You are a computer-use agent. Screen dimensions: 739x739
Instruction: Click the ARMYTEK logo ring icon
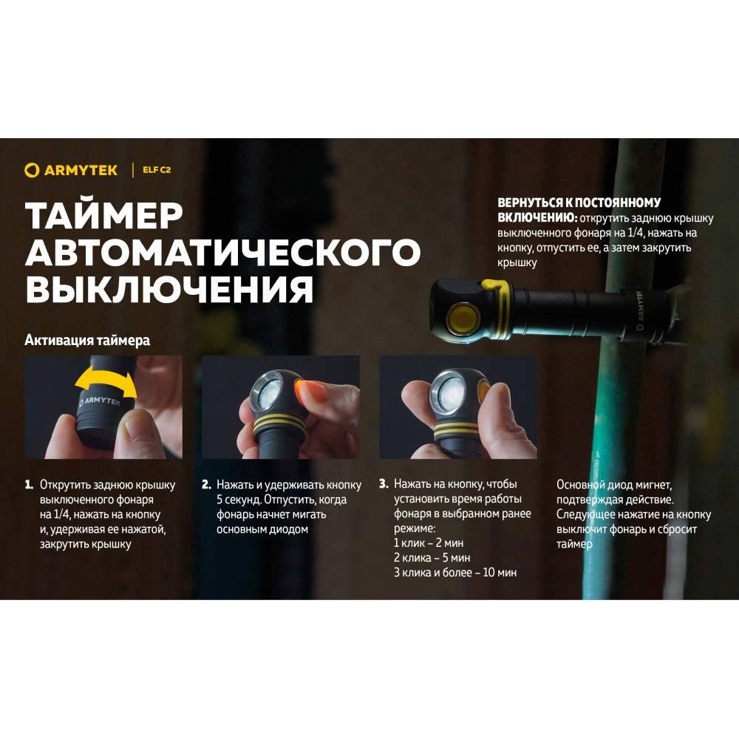(32, 170)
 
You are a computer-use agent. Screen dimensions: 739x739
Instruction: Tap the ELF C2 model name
(157, 170)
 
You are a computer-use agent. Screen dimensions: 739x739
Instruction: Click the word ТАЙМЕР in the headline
(104, 215)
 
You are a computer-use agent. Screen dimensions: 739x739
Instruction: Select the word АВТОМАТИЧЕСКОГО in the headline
(223, 252)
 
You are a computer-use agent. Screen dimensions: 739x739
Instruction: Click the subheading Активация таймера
(87, 340)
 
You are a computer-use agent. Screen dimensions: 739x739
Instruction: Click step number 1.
(30, 485)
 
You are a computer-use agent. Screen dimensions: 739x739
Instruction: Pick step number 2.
(206, 485)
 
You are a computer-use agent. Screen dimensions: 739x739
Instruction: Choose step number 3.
(384, 484)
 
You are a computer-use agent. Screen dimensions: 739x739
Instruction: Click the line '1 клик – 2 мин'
(429, 543)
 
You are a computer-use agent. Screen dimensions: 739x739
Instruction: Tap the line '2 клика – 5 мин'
(432, 558)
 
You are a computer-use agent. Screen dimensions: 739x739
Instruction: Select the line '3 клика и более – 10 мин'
(455, 573)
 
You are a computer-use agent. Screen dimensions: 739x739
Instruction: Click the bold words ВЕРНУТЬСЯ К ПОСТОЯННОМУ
(579, 202)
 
